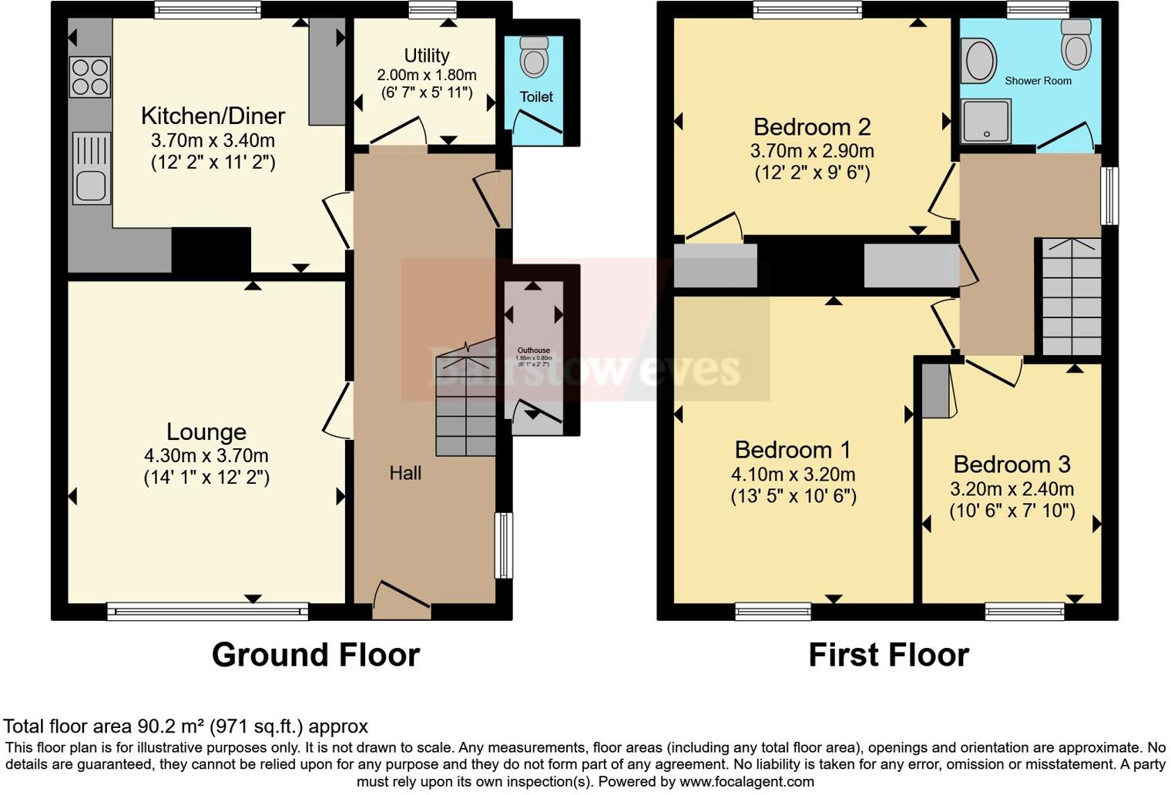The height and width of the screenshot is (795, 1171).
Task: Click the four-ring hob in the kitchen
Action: pos(90,77)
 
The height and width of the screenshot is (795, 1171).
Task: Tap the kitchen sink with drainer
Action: pos(91,169)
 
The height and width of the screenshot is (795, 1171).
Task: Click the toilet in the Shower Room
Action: pos(1076,44)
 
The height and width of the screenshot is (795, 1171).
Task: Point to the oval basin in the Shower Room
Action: pos(979,62)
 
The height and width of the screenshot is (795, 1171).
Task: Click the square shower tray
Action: pos(986,121)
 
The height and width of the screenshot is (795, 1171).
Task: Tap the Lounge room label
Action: pos(206,431)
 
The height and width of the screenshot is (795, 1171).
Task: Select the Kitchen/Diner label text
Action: pos(213,116)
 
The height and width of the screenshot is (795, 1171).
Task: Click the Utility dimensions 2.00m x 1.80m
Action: pos(426,75)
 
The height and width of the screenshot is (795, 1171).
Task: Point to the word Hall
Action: pos(405,473)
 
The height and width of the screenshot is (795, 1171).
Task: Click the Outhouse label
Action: pos(533,351)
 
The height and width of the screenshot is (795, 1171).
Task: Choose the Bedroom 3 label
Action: pos(1012,465)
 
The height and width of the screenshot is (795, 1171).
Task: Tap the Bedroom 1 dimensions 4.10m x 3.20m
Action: pos(793,475)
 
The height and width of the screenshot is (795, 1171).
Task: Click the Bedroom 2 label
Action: pos(812,126)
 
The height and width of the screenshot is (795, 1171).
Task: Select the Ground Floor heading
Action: pos(316,655)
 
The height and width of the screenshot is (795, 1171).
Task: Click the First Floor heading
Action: pos(888,655)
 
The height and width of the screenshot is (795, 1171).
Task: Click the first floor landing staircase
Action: pos(1071,297)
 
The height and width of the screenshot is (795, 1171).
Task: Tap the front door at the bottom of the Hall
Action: pos(401,600)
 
